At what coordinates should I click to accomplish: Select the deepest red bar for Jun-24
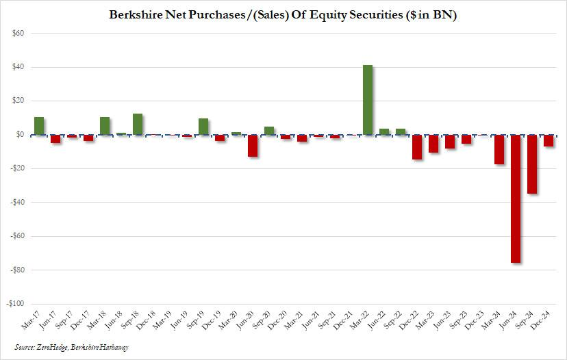coord(516,198)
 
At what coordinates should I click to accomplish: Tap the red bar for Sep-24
coord(532,164)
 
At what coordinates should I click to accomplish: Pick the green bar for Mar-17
coord(39,126)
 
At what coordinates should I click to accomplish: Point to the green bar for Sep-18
coord(138,124)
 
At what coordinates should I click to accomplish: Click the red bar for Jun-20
coord(253,146)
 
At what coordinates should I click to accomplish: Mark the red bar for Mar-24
coord(499,150)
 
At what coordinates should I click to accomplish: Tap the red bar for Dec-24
coord(549,141)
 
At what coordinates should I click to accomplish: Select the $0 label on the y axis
coord(20,135)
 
